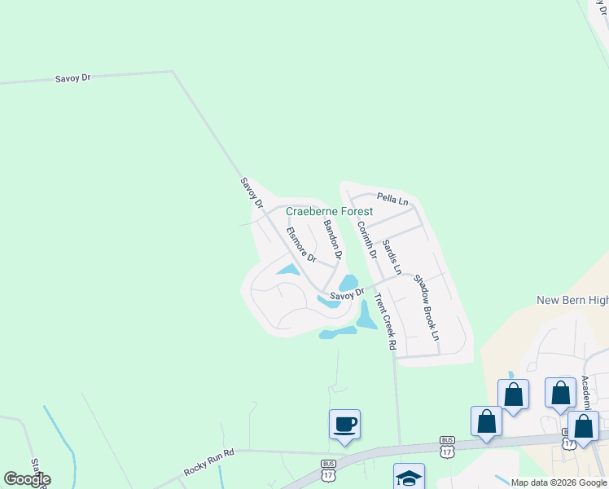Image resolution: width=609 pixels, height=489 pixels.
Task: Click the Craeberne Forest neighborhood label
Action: click(x=329, y=211)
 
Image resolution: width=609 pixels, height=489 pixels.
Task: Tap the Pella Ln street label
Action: click(x=392, y=198)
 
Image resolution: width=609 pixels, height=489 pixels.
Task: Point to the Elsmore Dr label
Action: click(x=300, y=245)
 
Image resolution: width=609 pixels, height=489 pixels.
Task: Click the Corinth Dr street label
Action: click(x=366, y=240)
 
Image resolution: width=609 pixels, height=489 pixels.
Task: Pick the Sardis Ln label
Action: click(x=392, y=256)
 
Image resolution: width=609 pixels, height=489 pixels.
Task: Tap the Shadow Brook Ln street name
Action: click(x=427, y=307)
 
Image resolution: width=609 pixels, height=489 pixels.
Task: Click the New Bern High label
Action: click(x=572, y=300)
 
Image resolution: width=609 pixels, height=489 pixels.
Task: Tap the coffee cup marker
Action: click(x=344, y=425)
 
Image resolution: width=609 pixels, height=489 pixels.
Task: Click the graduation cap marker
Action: click(x=409, y=477)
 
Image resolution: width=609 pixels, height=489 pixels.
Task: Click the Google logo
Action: click(x=27, y=479)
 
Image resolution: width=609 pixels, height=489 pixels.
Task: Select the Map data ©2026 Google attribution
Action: click(x=559, y=482)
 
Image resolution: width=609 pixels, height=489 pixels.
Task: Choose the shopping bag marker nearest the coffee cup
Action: click(x=486, y=422)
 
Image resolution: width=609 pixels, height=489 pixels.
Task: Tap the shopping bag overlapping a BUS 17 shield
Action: click(x=583, y=426)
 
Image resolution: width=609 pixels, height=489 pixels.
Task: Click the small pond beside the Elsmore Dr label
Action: click(x=287, y=269)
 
